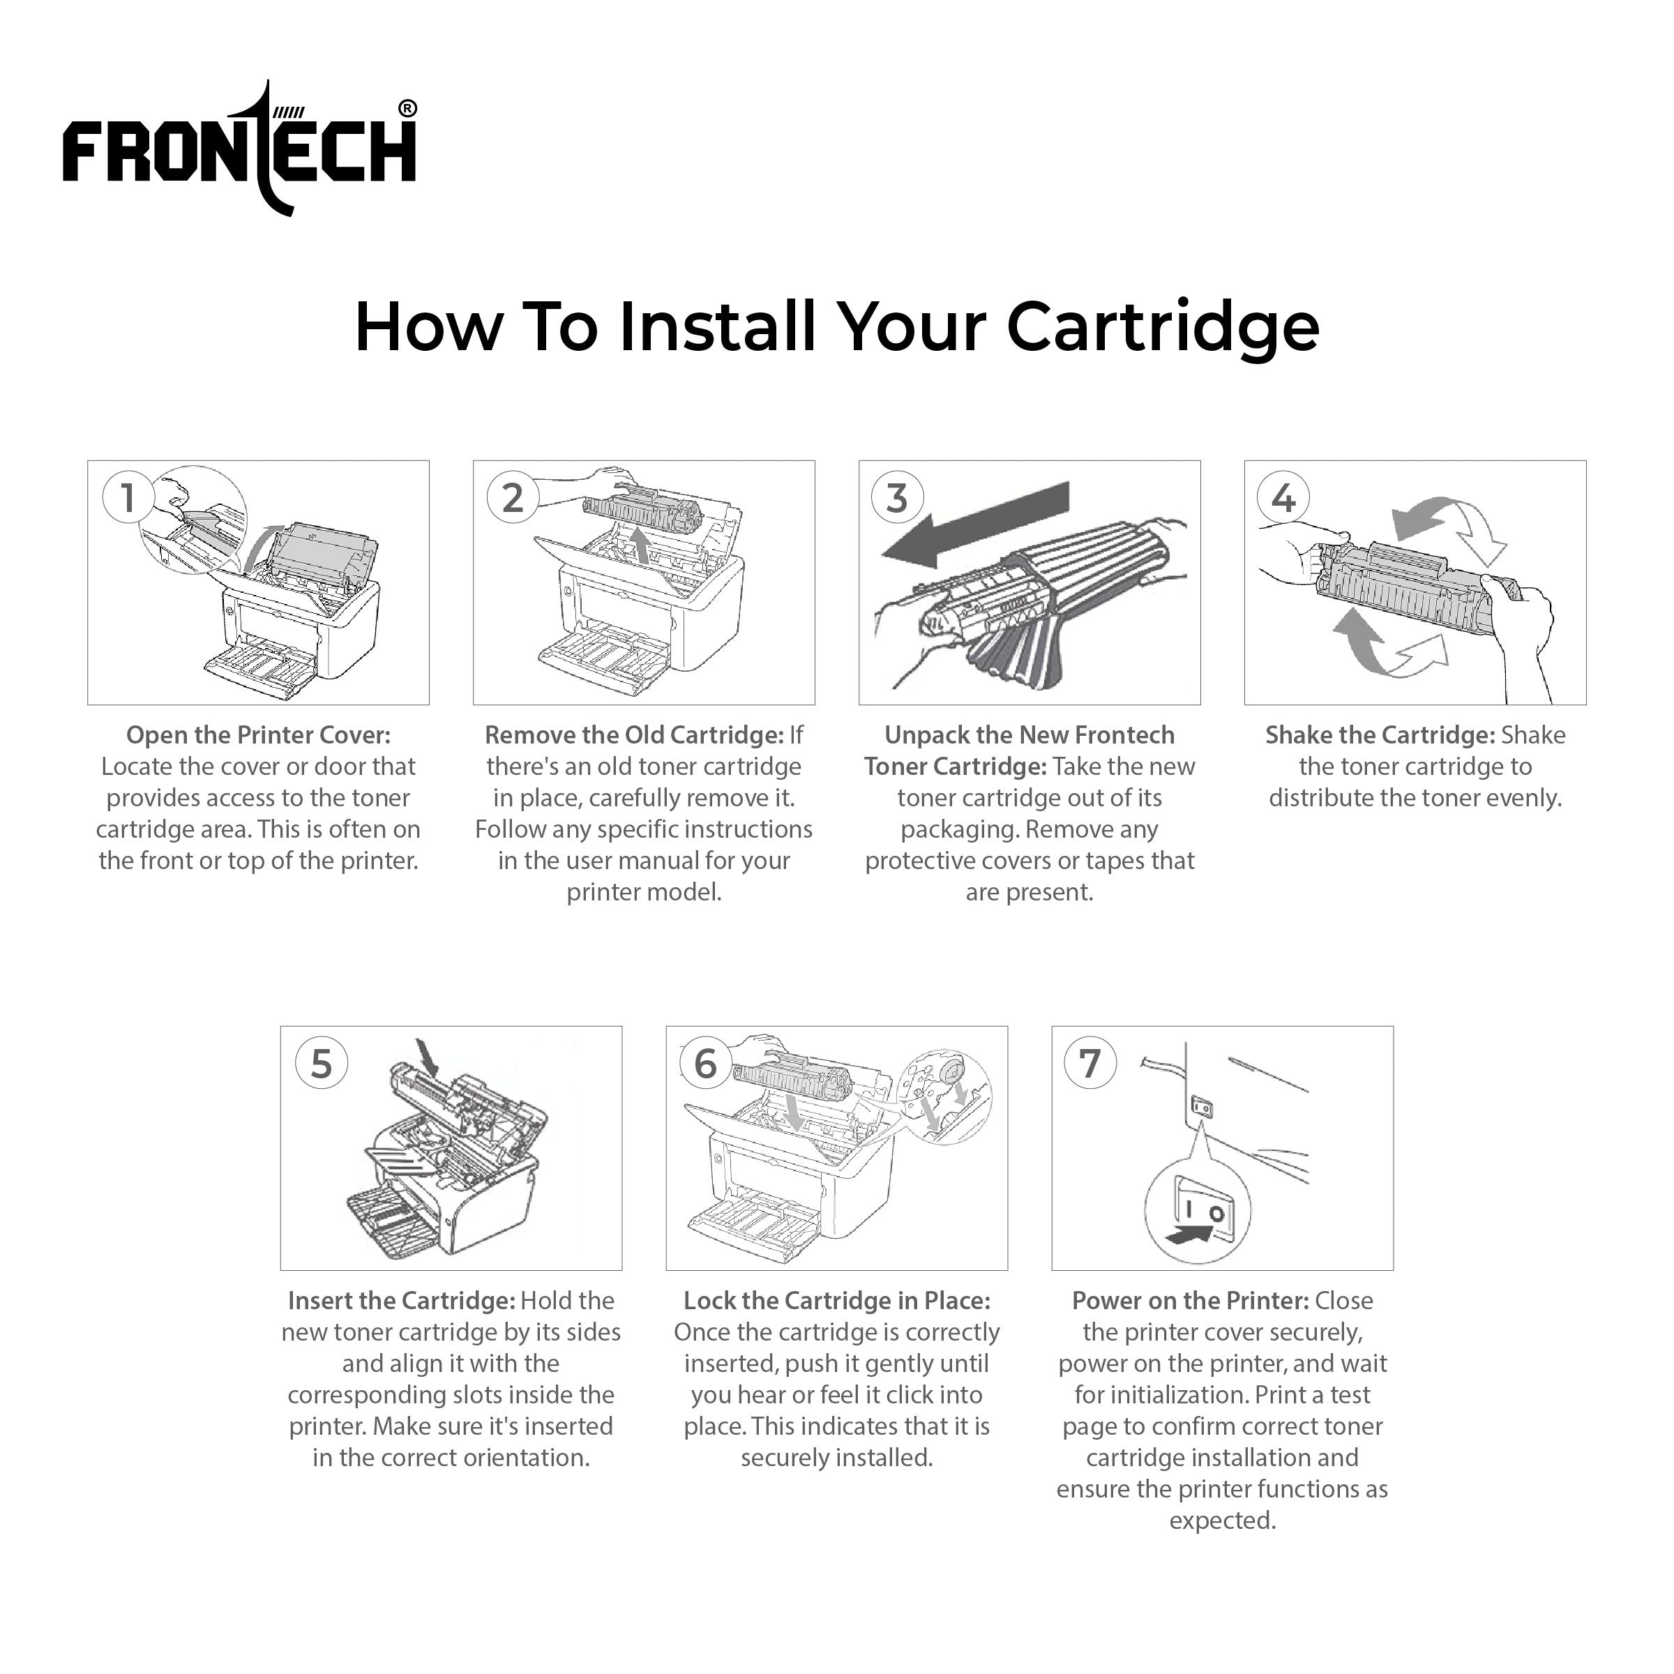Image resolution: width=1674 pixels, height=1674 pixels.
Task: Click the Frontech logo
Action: [239, 149]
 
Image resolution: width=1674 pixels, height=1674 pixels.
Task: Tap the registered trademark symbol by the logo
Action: [407, 108]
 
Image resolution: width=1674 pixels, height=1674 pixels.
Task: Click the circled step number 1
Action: [128, 497]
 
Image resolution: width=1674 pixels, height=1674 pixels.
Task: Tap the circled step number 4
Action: [1283, 497]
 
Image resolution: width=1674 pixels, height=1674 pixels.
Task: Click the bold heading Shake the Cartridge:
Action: [1380, 734]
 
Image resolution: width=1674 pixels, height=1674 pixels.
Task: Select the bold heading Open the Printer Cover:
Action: [258, 734]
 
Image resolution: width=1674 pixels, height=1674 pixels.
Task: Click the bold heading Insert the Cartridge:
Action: [401, 1301]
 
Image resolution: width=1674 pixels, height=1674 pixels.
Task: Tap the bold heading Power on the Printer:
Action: [1190, 1301]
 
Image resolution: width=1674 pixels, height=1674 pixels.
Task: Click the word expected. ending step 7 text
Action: [1222, 1520]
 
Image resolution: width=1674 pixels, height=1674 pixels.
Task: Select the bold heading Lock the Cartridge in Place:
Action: [836, 1301]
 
